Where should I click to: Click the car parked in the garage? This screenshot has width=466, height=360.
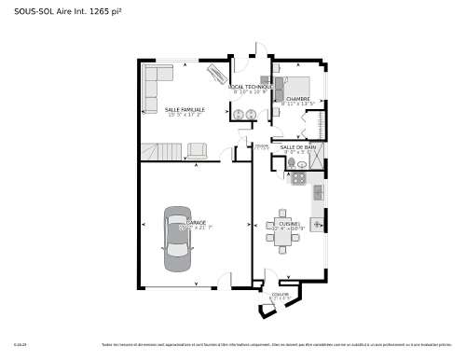coord(178,237)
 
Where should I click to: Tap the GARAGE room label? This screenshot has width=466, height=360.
coord(197,222)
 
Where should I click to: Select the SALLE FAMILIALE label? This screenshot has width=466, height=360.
coord(185,109)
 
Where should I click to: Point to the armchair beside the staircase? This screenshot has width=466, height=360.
coord(198,149)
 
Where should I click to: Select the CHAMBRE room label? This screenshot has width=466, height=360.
coord(298,98)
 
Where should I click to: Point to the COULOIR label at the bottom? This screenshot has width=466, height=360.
coord(281,294)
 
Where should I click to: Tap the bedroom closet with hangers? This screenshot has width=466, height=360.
coord(322,122)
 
